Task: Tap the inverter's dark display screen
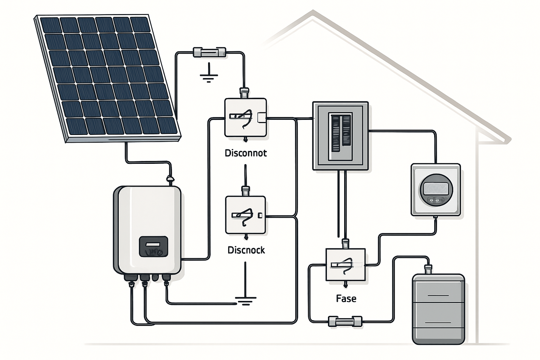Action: point(153,246)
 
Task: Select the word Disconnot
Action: point(246,153)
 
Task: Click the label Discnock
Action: point(246,250)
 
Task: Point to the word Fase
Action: point(346,298)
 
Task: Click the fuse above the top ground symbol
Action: point(210,53)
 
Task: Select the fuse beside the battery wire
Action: point(345,321)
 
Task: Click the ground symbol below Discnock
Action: point(246,300)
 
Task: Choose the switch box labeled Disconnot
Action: point(246,117)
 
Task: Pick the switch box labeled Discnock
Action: point(246,215)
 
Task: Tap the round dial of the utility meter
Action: point(436,189)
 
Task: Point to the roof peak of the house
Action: point(312,14)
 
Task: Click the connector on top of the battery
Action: point(428,269)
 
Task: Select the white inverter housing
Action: point(148,216)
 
